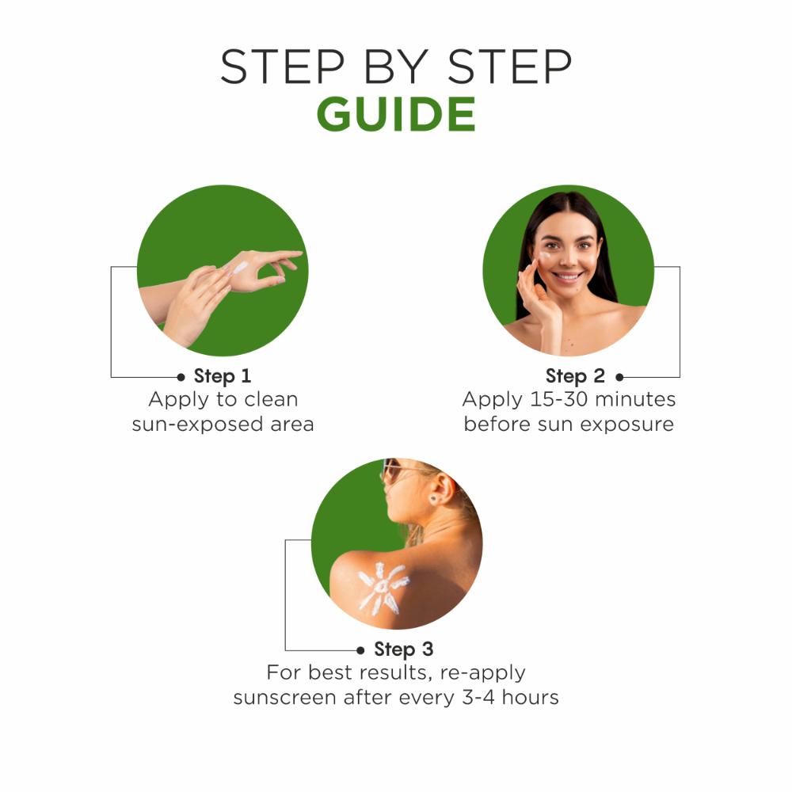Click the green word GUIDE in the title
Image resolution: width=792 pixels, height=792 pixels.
click(x=396, y=114)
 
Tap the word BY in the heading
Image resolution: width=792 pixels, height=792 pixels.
click(x=397, y=67)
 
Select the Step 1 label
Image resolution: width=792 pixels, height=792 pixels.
click(x=223, y=376)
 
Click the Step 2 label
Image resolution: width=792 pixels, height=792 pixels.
click(x=575, y=376)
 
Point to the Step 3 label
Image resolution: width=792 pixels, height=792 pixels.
click(x=404, y=649)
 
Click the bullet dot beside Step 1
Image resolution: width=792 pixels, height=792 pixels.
click(x=181, y=377)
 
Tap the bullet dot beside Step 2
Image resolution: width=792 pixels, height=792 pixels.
click(x=619, y=377)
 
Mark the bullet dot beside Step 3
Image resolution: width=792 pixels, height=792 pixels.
click(x=360, y=650)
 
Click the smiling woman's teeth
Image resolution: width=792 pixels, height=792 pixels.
click(x=568, y=276)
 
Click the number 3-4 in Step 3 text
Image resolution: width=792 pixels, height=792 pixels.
click(x=478, y=698)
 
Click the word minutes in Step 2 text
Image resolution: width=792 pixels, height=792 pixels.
click(x=635, y=399)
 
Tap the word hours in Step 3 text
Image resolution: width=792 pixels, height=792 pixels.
click(x=531, y=698)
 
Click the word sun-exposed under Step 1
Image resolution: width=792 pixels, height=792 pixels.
click(x=197, y=425)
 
